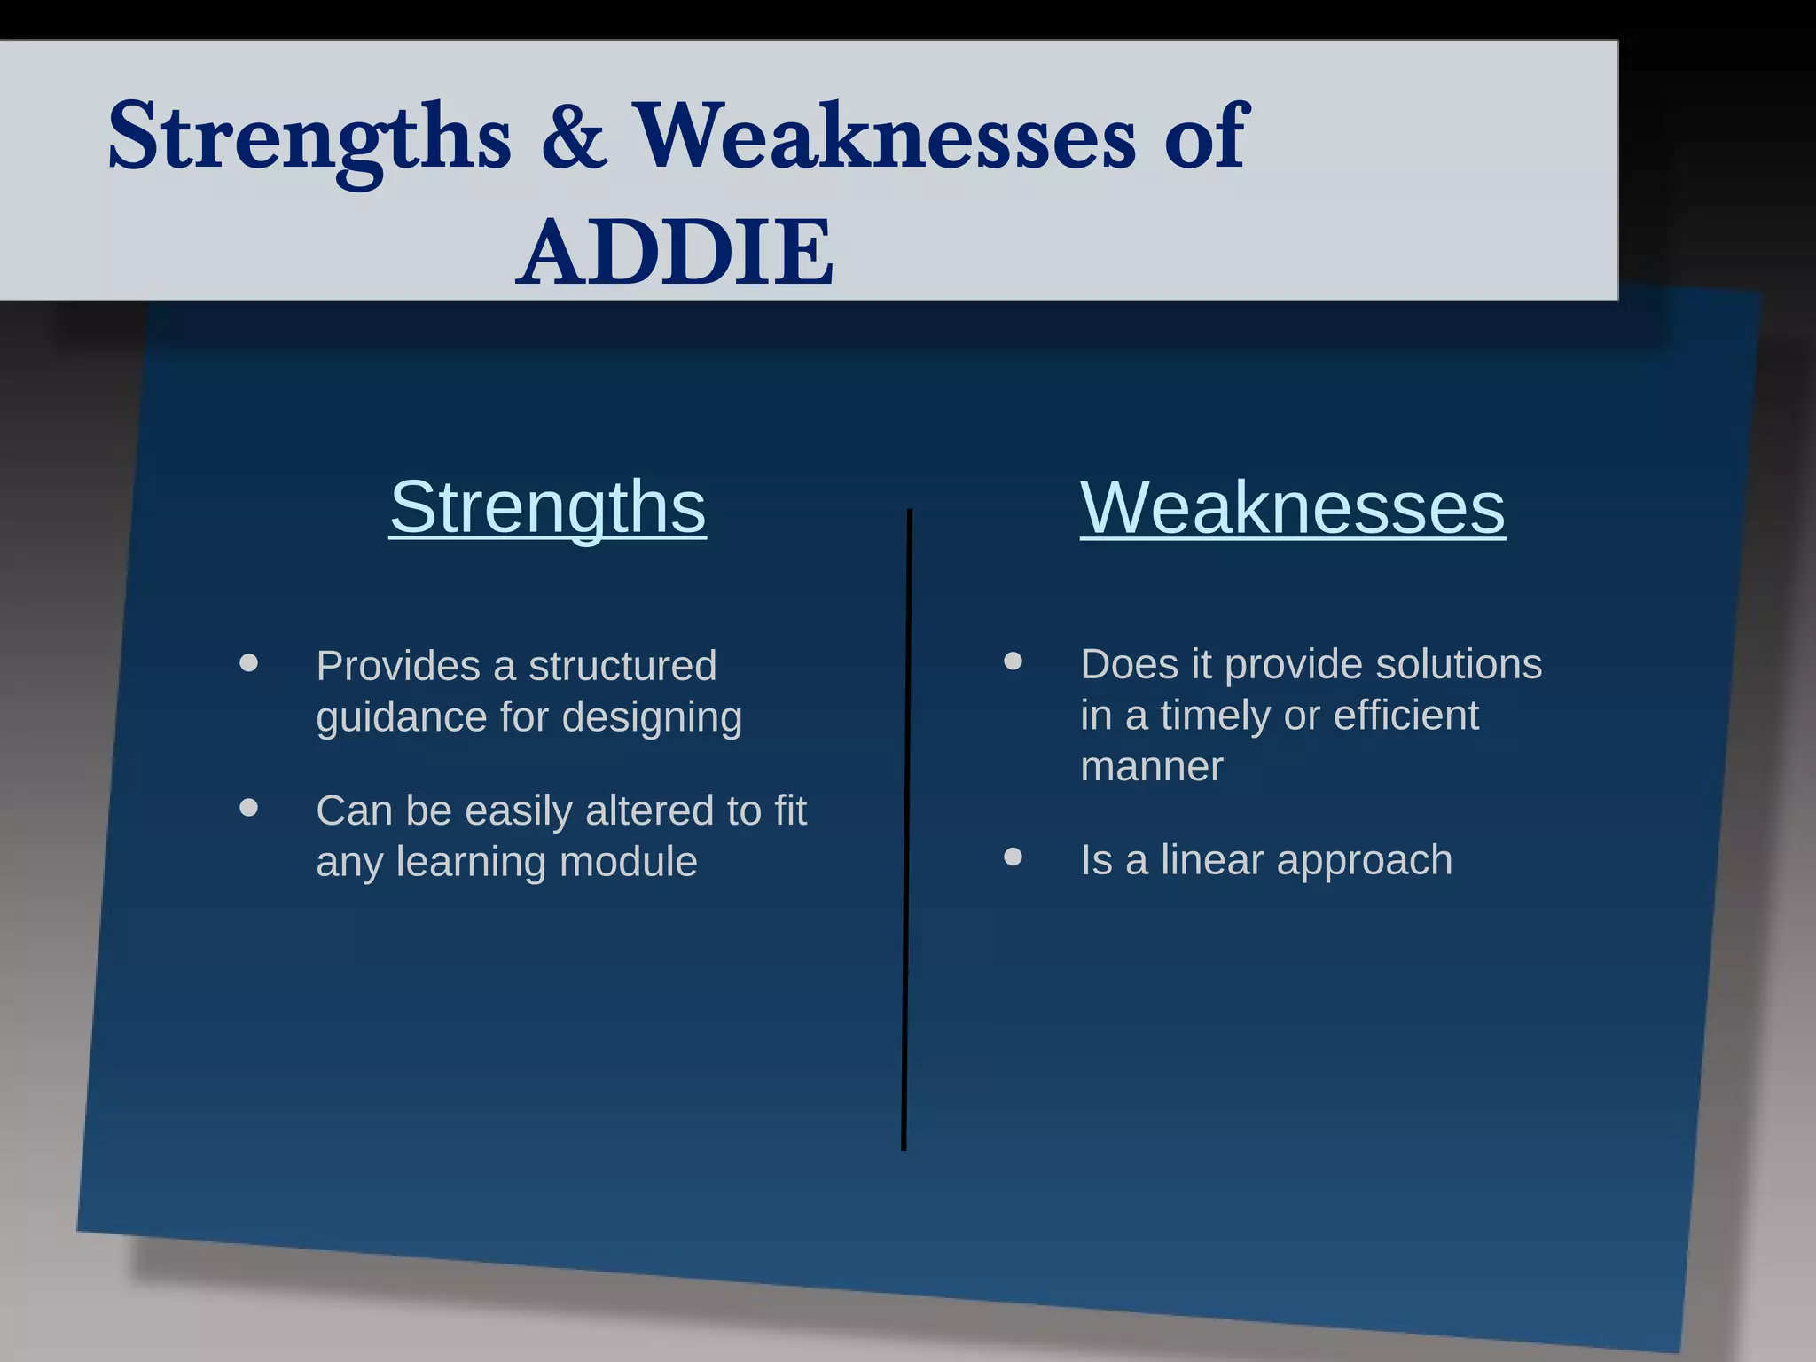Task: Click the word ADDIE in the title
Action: [675, 254]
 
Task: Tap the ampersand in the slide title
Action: [575, 137]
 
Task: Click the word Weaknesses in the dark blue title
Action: [886, 137]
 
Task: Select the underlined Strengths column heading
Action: [548, 507]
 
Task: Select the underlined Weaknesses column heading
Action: [1292, 508]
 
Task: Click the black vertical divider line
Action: [907, 829]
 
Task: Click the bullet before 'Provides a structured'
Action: [249, 663]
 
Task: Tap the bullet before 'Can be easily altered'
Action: [249, 808]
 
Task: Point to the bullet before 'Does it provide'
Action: [1013, 661]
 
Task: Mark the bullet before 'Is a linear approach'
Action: [1013, 857]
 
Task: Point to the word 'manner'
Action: [1151, 767]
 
